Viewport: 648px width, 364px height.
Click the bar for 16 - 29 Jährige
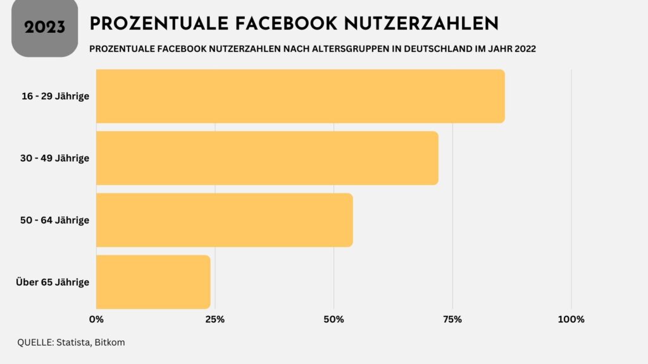click(301, 96)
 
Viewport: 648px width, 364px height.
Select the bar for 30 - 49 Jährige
click(267, 158)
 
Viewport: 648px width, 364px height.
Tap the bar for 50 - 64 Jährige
click(225, 220)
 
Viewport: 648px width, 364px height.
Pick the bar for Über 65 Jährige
click(153, 282)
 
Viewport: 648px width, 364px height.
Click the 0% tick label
click(96, 319)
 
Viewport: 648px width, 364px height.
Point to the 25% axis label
click(215, 319)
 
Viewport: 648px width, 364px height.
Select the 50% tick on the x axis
click(333, 319)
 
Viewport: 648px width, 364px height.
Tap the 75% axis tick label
click(452, 319)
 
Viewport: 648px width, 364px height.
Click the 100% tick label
click(571, 319)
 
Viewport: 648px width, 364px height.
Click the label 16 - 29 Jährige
click(55, 96)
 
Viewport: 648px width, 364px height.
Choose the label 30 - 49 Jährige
click(55, 158)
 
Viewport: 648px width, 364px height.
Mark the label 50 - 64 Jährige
click(55, 220)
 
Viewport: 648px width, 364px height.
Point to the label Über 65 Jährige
click(53, 282)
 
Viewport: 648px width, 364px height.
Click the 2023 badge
click(45, 27)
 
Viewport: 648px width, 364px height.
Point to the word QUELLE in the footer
click(34, 342)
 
